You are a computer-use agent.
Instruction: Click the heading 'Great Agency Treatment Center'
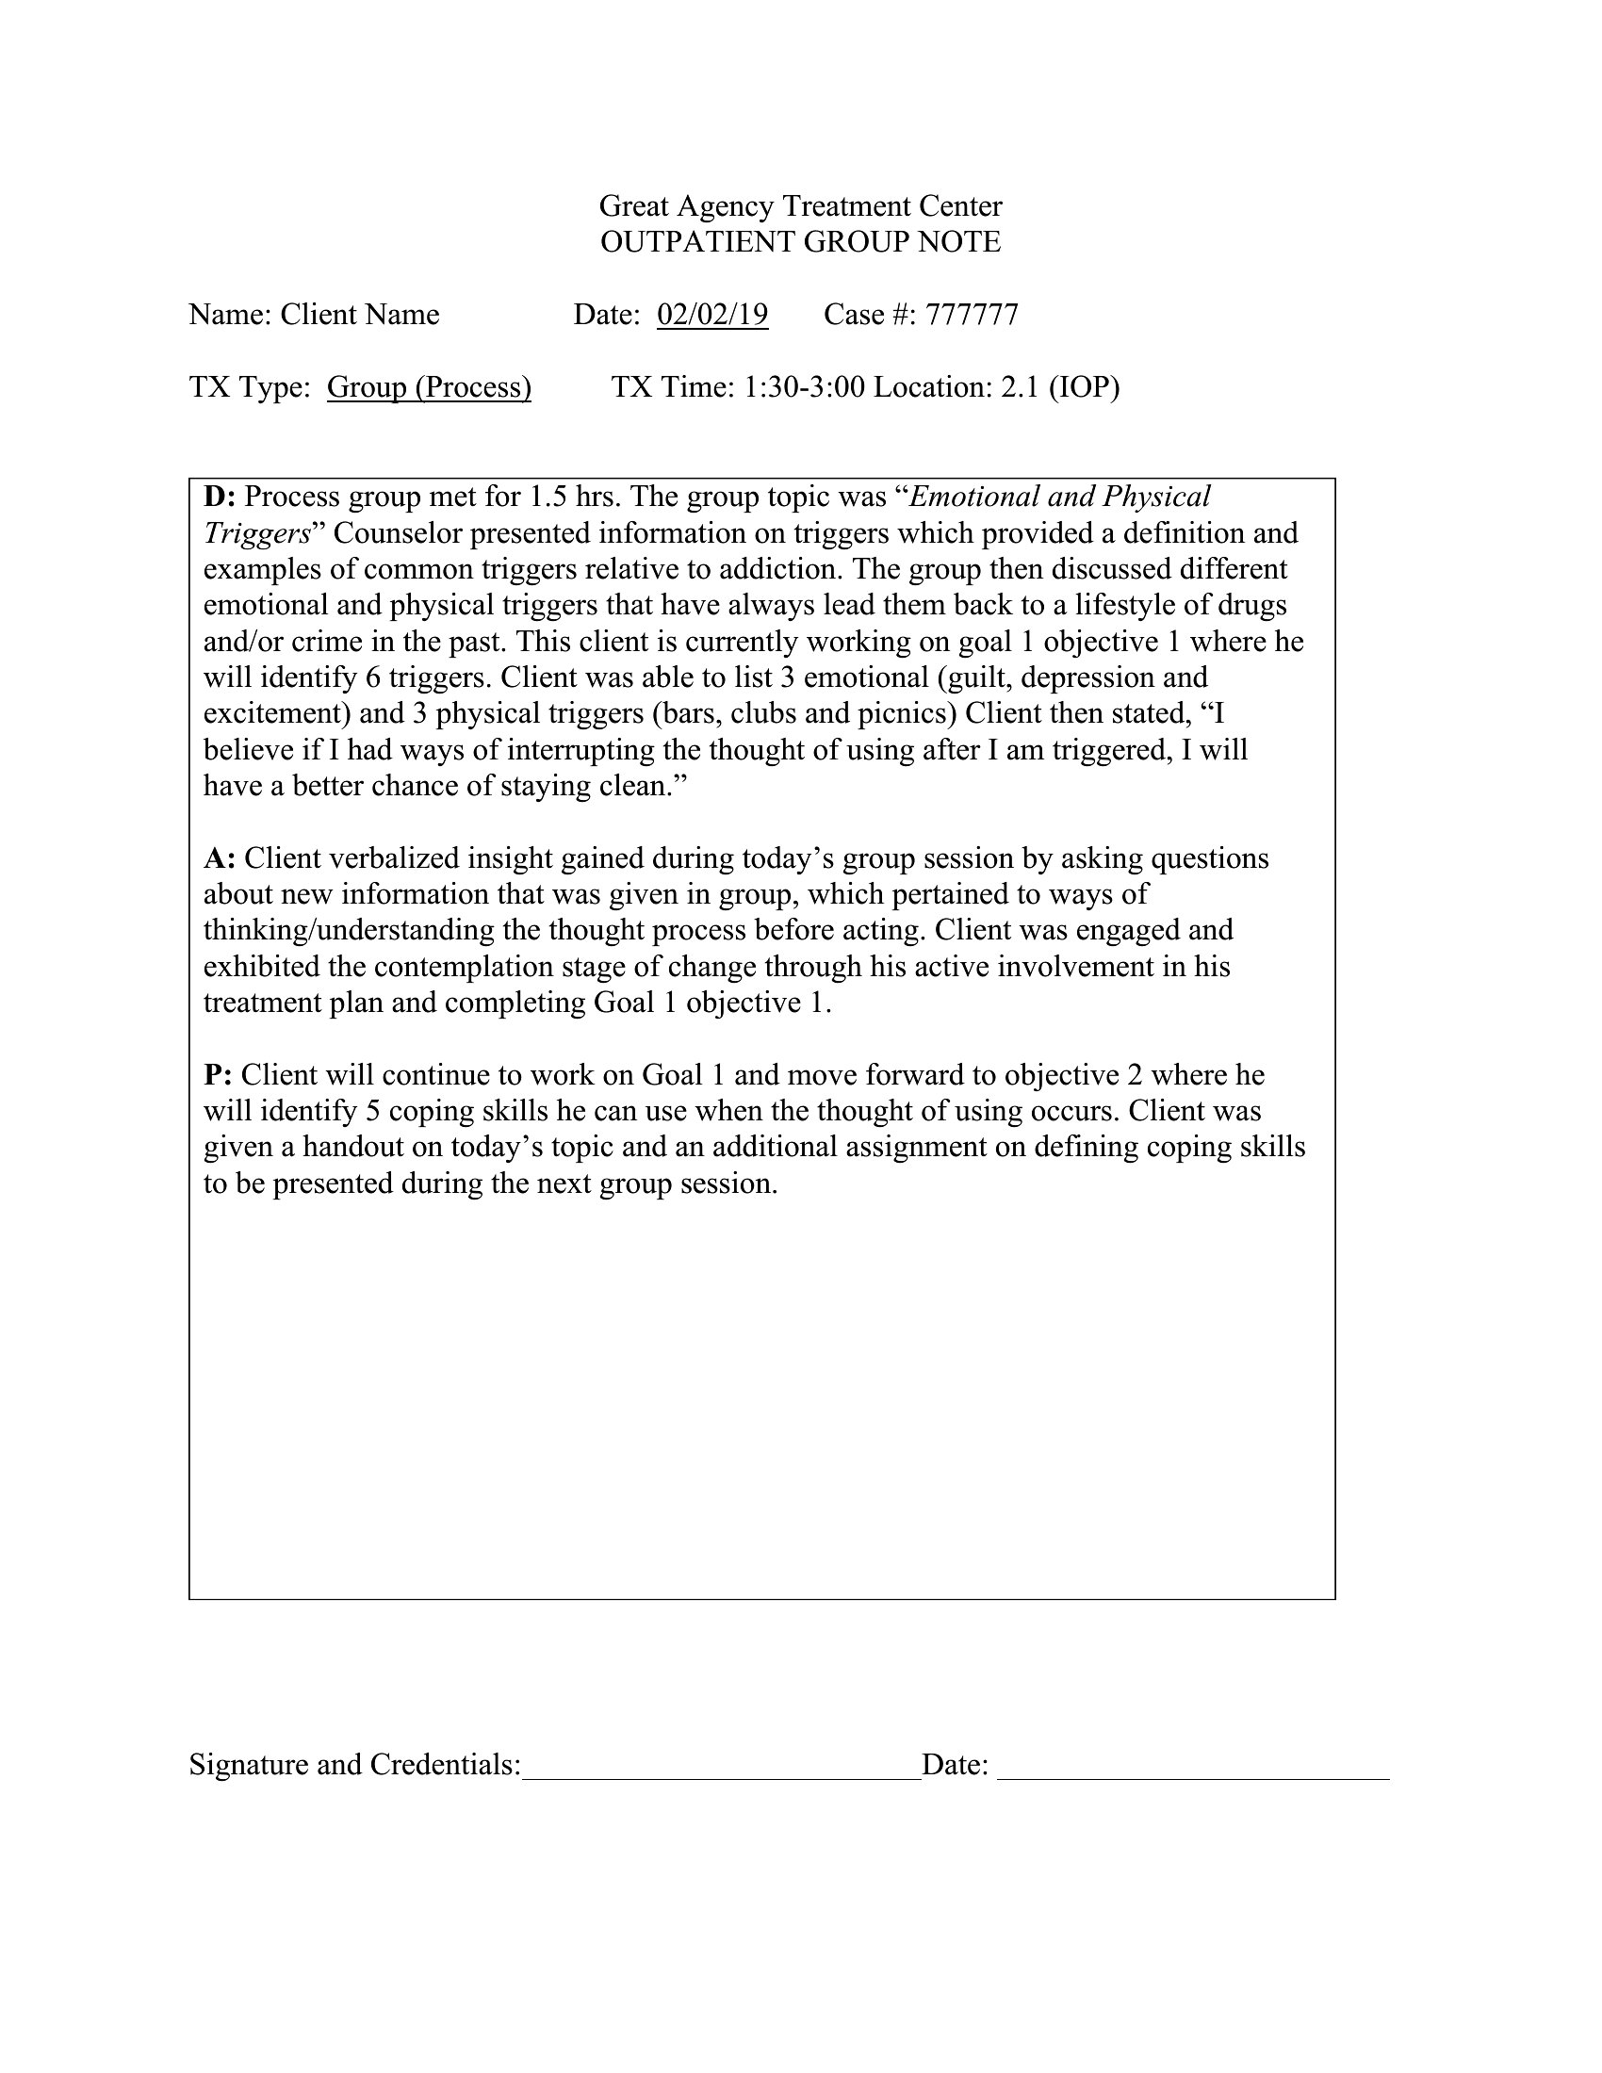[x=800, y=206]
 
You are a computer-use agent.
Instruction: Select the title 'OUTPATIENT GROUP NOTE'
[x=800, y=242]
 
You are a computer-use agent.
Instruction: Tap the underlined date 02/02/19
[x=711, y=314]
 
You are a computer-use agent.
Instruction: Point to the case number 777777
[x=971, y=314]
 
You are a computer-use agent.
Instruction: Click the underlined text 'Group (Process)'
[x=429, y=387]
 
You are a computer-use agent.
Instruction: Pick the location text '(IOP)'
[x=1084, y=387]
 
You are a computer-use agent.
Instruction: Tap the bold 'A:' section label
[x=220, y=858]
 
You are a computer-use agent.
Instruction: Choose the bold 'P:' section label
[x=219, y=1074]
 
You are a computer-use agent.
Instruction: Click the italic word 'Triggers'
[x=257, y=532]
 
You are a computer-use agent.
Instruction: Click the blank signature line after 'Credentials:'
[x=721, y=1765]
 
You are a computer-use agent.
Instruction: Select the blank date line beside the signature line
[x=1193, y=1765]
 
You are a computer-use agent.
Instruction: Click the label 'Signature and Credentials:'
[x=355, y=1765]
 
